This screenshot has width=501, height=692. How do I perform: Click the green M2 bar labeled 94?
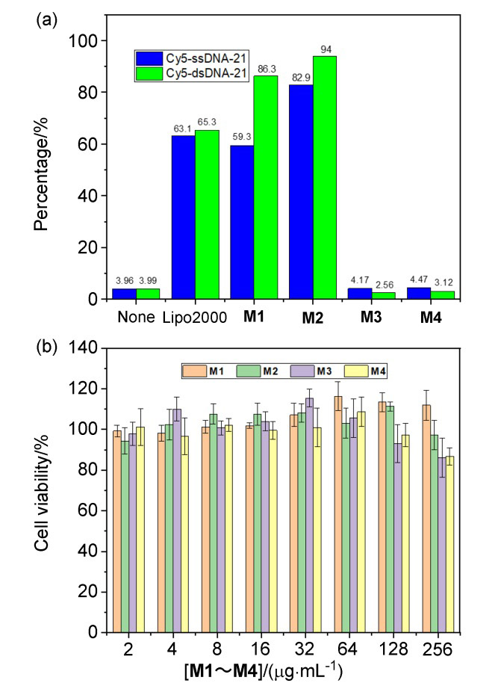pos(325,177)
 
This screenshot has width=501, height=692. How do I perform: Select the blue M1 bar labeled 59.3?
pos(242,222)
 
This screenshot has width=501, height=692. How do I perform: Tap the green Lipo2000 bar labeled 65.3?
pos(208,214)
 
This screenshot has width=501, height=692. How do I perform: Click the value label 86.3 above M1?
pos(267,69)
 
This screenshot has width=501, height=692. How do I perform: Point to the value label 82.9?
pos(302,78)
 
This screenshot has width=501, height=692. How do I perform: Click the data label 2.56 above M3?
pos(385,285)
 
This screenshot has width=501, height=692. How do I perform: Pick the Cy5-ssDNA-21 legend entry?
pos(191,59)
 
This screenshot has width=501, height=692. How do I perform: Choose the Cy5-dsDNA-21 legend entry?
pos(191,73)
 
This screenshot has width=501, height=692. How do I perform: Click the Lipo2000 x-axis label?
pos(194,318)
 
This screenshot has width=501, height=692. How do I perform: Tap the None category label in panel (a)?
pos(136,318)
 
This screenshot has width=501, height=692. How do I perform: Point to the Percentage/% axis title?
pos(41,173)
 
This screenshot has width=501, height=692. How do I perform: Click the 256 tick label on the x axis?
pos(438,649)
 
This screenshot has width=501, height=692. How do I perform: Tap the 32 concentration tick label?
pos(305,649)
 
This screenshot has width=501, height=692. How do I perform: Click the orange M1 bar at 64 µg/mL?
pos(338,515)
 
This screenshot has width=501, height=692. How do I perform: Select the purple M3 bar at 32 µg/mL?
pos(309,516)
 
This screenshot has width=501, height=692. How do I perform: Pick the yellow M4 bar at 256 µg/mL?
pos(449,545)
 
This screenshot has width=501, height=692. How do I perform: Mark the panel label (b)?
pos(47,347)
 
